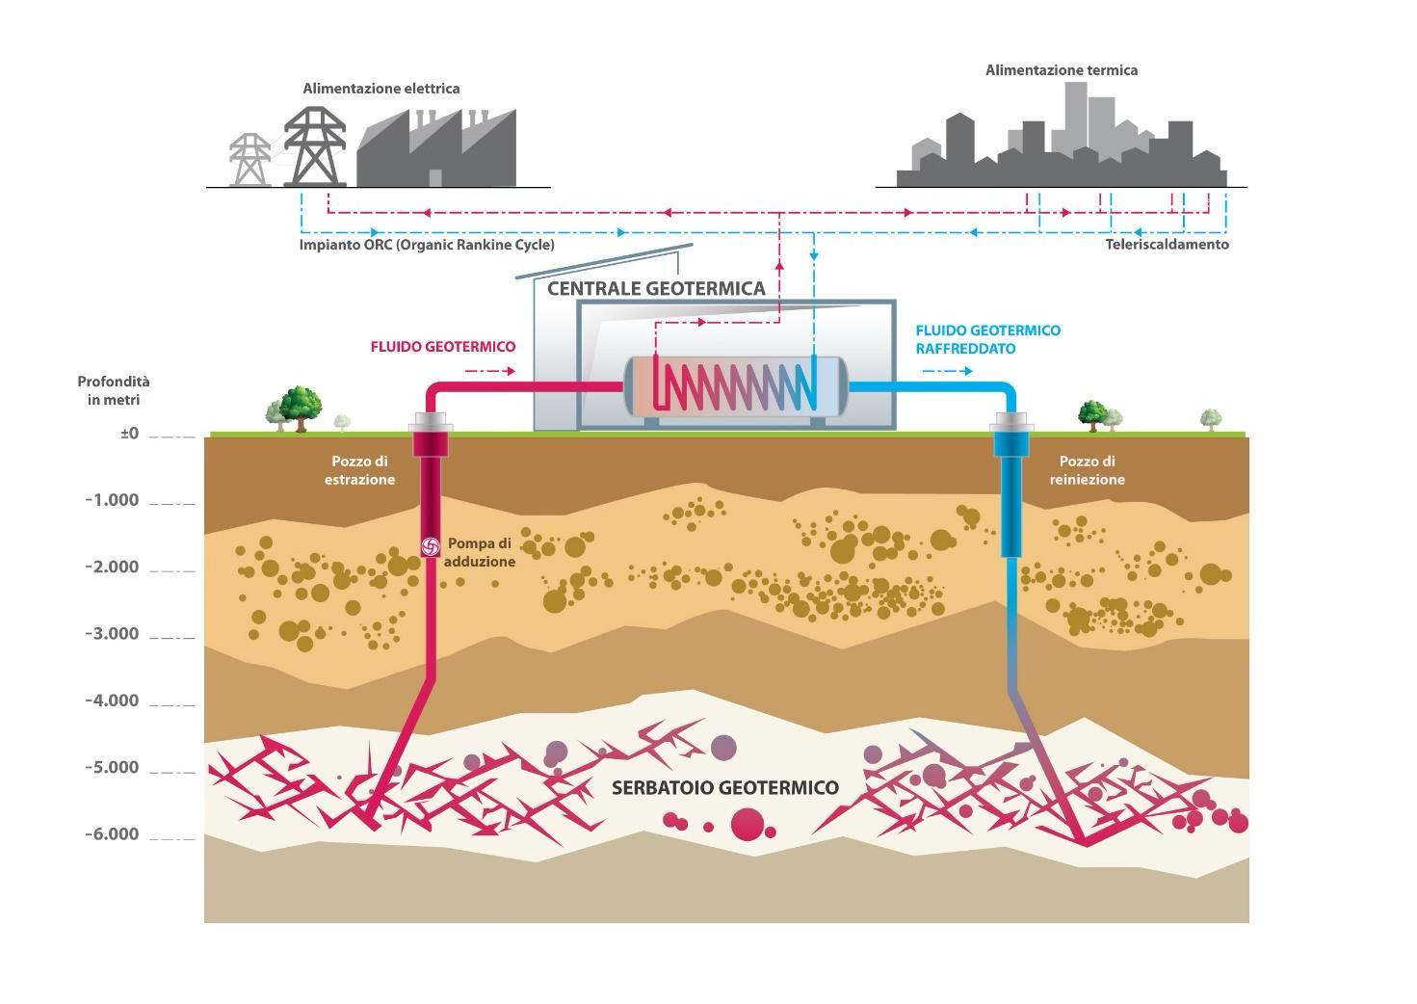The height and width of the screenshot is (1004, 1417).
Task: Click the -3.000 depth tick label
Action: (x=112, y=634)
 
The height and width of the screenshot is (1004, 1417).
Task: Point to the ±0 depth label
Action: (x=129, y=434)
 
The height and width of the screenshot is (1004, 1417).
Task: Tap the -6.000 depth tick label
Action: (x=112, y=834)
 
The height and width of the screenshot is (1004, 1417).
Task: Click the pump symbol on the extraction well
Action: (x=431, y=546)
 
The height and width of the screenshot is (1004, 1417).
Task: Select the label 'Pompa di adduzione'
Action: (x=479, y=552)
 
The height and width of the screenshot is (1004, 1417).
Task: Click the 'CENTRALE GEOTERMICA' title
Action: (x=656, y=288)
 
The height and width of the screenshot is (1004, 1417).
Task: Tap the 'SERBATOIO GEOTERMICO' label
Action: (x=725, y=787)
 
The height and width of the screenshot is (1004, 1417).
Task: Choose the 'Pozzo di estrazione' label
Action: (x=359, y=470)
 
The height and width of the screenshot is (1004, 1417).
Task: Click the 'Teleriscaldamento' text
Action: (x=1167, y=245)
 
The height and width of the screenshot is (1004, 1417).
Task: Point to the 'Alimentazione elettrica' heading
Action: (x=381, y=89)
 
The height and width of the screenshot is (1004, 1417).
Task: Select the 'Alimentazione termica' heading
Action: (x=1062, y=70)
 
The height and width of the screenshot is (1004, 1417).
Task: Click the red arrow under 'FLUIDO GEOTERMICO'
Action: (x=490, y=370)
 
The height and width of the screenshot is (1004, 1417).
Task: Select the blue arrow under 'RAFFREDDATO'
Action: (x=947, y=370)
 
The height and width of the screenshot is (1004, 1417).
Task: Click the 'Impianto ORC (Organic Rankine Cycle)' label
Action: (x=427, y=245)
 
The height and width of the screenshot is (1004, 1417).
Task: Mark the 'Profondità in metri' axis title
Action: (x=114, y=390)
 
